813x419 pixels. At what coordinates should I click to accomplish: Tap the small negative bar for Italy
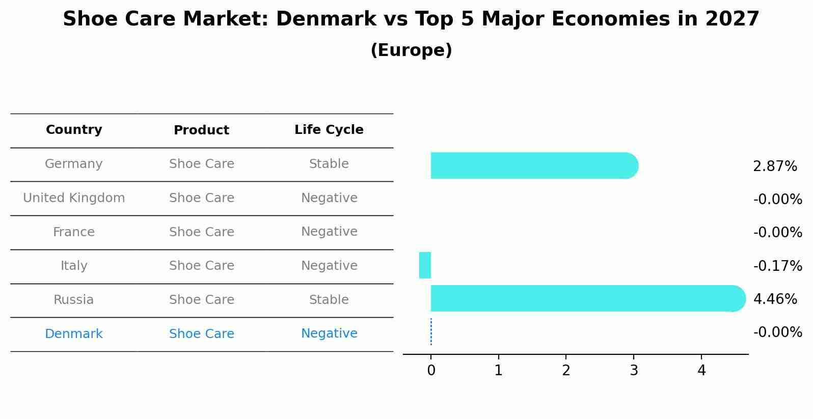pos(425,265)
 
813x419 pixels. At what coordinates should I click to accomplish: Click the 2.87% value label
pos(774,166)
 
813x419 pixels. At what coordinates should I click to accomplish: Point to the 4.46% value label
pos(774,299)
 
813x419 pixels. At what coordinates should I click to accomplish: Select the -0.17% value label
pos(777,266)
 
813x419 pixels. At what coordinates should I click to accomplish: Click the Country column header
pos(74,130)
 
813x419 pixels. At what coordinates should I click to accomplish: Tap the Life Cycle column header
pos(329,130)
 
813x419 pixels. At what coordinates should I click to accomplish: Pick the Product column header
pos(201,130)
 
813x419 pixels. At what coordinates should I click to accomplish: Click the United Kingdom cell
pos(74,198)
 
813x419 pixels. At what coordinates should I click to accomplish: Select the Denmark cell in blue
pos(74,334)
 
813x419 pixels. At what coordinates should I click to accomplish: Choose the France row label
pos(74,232)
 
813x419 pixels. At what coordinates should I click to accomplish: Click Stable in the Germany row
pos(329,164)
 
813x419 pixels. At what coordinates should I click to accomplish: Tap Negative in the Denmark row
pos(329,333)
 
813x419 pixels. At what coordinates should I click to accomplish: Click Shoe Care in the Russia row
pos(201,300)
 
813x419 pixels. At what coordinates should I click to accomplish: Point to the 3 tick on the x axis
pos(634,371)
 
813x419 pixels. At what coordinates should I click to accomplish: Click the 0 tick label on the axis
pos(431,371)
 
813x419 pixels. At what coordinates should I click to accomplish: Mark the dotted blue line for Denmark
pos(431,332)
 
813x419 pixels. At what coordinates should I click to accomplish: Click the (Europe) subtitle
pos(411,50)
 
